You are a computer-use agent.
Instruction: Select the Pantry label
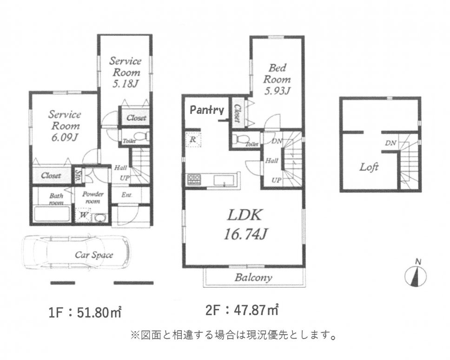(x=207, y=111)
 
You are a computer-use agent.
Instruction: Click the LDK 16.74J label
(x=245, y=224)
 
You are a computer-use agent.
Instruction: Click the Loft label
(x=369, y=167)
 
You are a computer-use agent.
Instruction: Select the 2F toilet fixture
(x=241, y=139)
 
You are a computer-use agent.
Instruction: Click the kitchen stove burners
(x=194, y=178)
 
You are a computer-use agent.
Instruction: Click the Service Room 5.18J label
(x=126, y=72)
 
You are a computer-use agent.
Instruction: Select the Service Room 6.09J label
(x=65, y=126)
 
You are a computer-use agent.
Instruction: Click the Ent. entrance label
(x=127, y=195)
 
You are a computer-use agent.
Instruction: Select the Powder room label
(x=93, y=198)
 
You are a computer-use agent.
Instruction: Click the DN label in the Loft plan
(x=390, y=143)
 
